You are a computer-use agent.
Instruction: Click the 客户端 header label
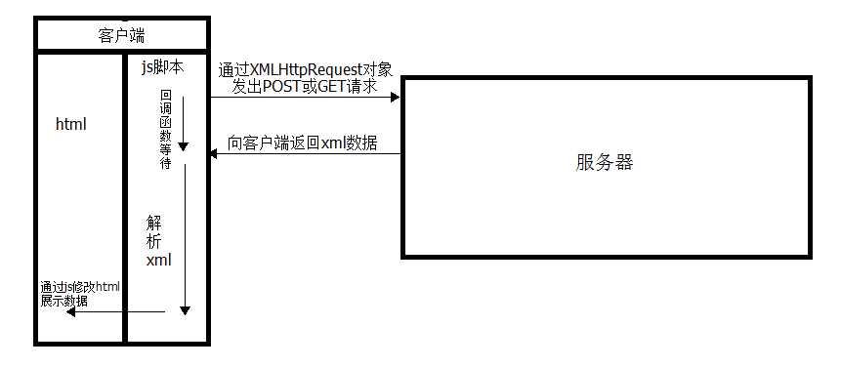click(122, 36)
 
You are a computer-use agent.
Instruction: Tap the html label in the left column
click(71, 124)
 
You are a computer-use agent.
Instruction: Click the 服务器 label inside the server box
click(605, 163)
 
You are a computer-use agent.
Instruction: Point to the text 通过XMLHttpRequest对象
click(305, 70)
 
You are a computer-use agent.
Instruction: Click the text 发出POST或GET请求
click(305, 86)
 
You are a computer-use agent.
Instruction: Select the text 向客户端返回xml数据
click(302, 143)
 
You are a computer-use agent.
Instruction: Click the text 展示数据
click(63, 301)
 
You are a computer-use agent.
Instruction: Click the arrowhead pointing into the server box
click(396, 97)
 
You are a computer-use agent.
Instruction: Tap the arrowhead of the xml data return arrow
click(212, 154)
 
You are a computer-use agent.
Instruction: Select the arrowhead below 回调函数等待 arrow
click(183, 145)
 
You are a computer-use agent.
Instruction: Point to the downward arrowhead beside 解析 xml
click(184, 309)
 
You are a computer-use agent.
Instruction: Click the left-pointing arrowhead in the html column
click(43, 311)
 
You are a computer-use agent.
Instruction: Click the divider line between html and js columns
click(124, 195)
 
